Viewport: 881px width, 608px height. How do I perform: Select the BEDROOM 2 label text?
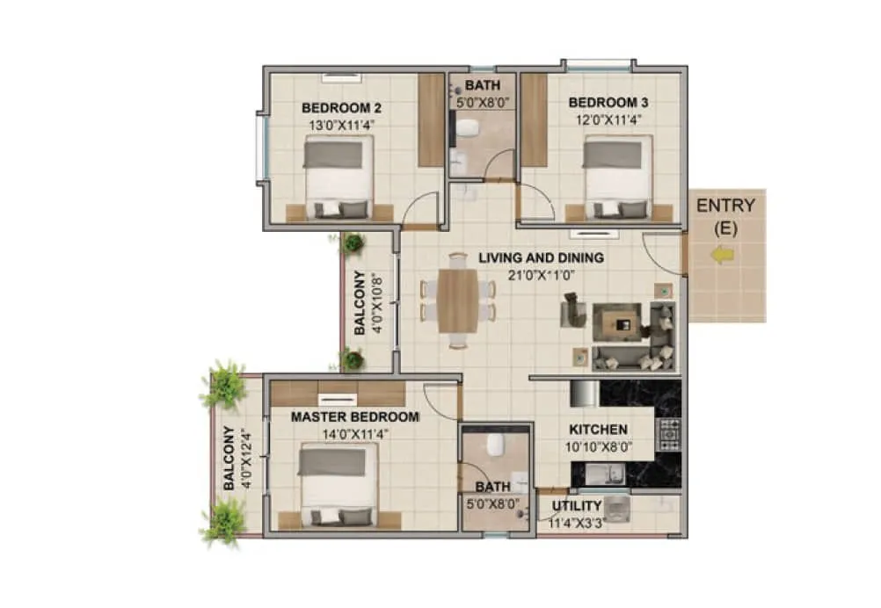[341, 108]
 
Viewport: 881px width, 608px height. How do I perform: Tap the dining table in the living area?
[458, 300]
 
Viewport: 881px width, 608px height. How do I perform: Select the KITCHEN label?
[598, 430]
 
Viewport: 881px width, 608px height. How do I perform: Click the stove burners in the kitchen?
[669, 434]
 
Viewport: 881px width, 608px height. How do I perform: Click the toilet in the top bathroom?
[466, 129]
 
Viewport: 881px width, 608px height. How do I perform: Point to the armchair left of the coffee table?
[573, 309]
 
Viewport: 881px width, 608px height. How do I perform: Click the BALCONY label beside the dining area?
[362, 303]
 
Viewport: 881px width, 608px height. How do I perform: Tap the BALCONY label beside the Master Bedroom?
[230, 458]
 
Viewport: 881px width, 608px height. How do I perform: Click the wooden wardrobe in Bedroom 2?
[431, 119]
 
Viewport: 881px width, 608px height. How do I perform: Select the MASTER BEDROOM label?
[355, 416]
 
